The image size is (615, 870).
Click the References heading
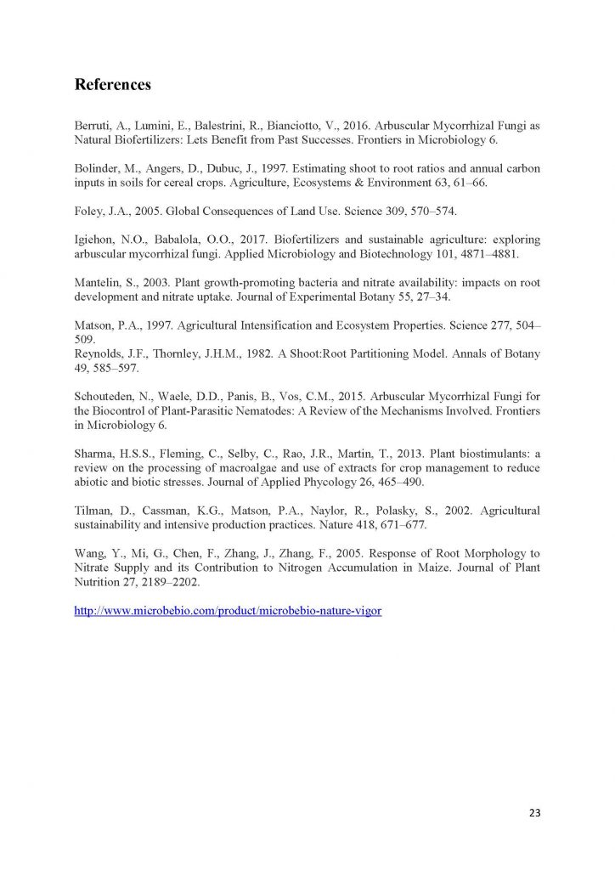(x=113, y=85)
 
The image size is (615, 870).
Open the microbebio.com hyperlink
(x=229, y=612)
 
